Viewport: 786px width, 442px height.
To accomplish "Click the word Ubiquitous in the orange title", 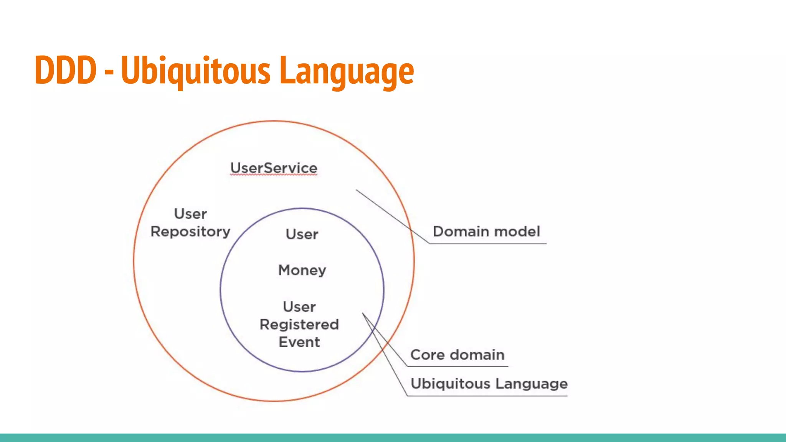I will pyautogui.click(x=196, y=71).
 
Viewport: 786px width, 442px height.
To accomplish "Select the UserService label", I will pyautogui.click(x=274, y=168).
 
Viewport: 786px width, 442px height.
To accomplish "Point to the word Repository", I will pyautogui.click(x=190, y=232).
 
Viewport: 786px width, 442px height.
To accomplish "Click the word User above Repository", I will pyautogui.click(x=190, y=214).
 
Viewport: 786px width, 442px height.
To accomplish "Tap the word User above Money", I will pyautogui.click(x=302, y=234).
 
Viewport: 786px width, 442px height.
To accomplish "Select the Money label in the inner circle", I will pyautogui.click(x=302, y=270).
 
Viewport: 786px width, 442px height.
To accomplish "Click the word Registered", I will pyautogui.click(x=299, y=325).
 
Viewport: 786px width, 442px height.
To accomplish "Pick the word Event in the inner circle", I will pyautogui.click(x=299, y=342).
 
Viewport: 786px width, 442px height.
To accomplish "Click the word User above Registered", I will pyautogui.click(x=299, y=307).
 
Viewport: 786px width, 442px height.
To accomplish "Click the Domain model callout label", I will pyautogui.click(x=486, y=232).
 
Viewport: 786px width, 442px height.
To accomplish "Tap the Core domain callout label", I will pyautogui.click(x=457, y=355).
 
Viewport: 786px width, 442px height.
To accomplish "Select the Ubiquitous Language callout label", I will pyautogui.click(x=489, y=384).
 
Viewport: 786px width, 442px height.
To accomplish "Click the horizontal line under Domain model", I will pyautogui.click(x=488, y=244).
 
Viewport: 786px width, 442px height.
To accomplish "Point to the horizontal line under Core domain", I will pyautogui.click(x=457, y=366).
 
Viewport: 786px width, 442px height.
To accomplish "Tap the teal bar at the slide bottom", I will pyautogui.click(x=393, y=438).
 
